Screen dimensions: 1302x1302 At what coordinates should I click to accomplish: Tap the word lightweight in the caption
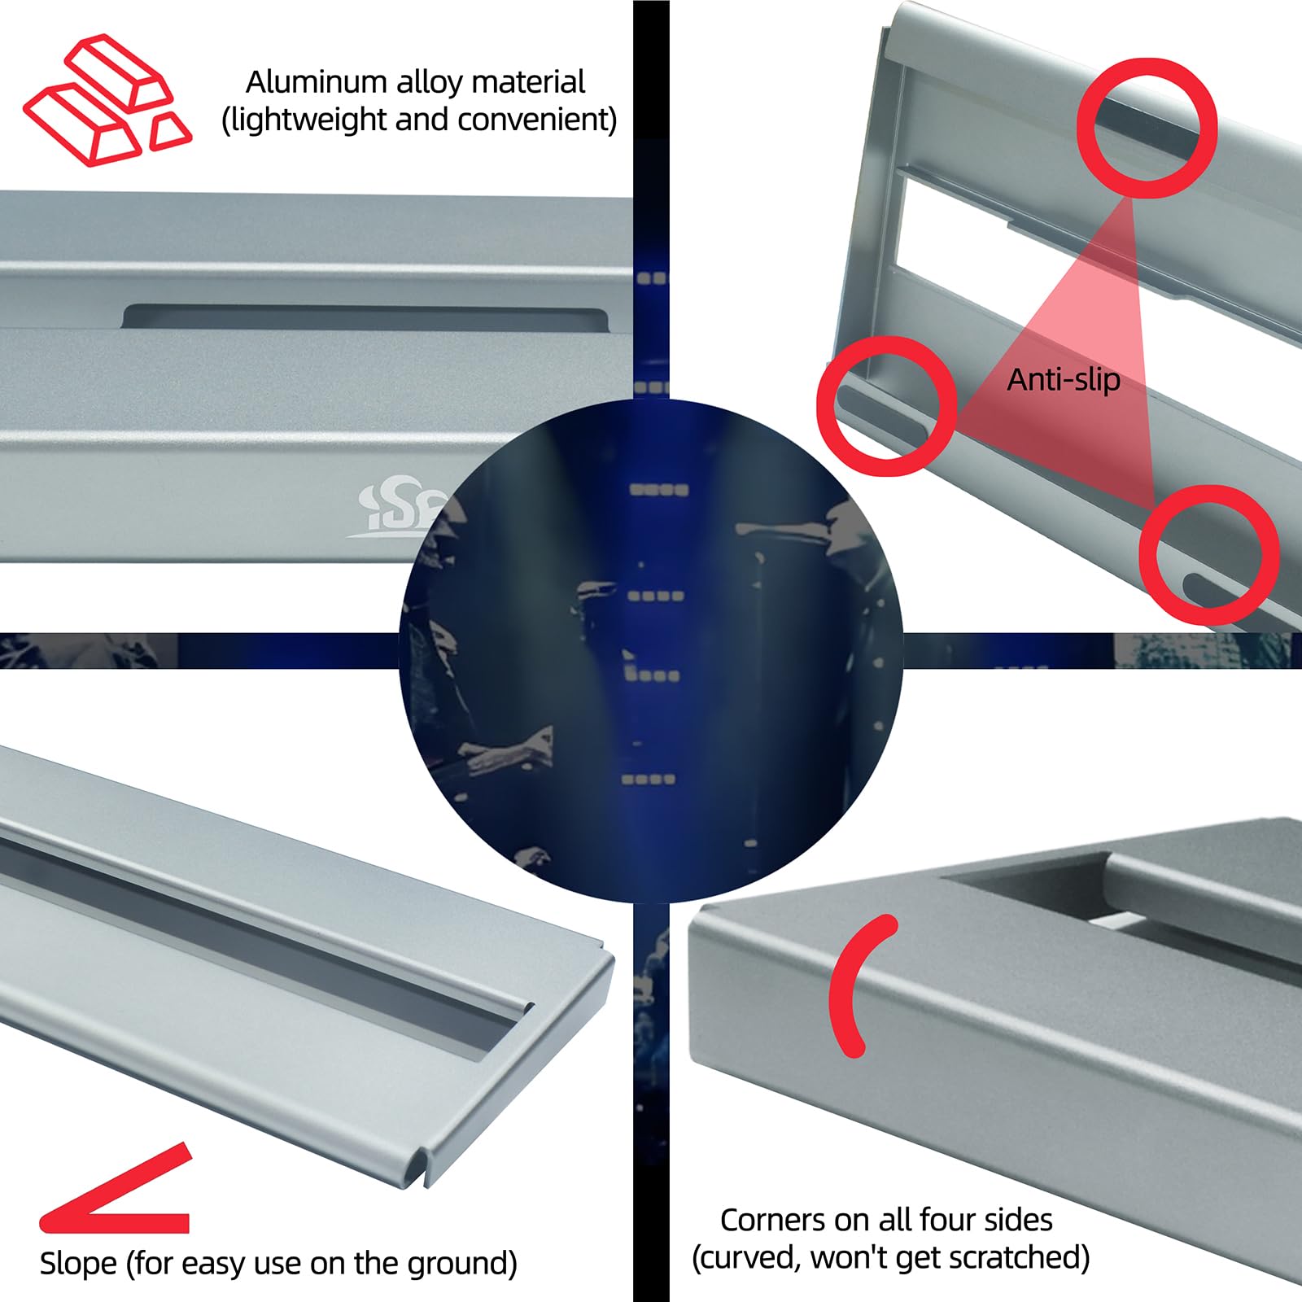coord(308,120)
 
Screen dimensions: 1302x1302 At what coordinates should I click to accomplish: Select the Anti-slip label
coord(1063,379)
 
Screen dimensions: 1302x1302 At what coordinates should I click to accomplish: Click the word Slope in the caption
coord(78,1264)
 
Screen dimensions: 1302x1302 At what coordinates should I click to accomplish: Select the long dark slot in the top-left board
coord(366,317)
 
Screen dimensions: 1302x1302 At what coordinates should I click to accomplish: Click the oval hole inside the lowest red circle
coord(1207,588)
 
